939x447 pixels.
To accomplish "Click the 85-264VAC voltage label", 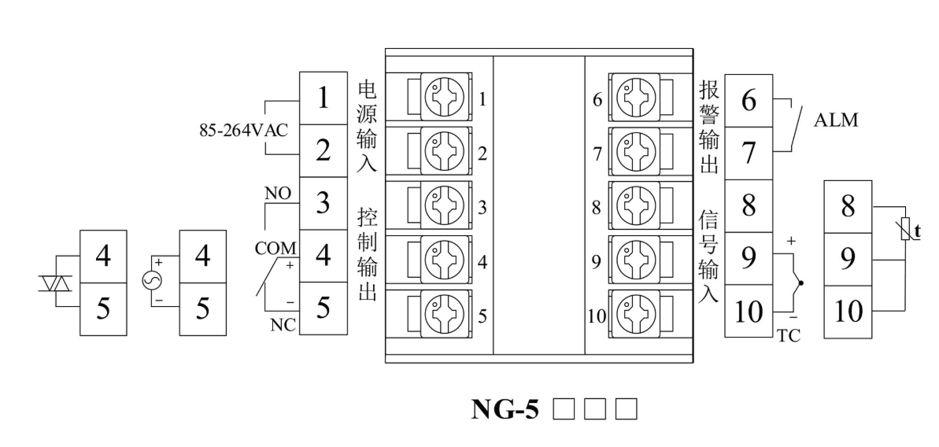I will [243, 131].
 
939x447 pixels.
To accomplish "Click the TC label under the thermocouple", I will [789, 335].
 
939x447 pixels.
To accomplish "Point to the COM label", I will [275, 248].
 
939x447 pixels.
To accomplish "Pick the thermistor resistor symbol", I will [907, 230].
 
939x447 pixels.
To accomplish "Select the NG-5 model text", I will [505, 409].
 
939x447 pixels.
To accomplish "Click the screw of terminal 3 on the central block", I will [439, 207].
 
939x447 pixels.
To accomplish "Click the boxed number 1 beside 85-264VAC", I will [323, 98].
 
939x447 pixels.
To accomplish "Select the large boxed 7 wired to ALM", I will [749, 153].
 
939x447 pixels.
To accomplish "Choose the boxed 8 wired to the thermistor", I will [847, 207].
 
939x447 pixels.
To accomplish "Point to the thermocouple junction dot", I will [800, 283].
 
